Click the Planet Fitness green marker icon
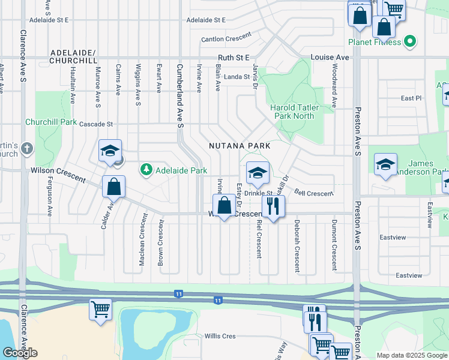(410, 42)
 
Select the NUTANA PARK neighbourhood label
(236, 146)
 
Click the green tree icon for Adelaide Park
(146, 170)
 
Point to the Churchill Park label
(51, 122)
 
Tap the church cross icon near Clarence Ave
(26, 148)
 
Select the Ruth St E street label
(233, 58)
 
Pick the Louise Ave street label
(330, 57)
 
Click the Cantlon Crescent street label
(226, 39)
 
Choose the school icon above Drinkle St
(258, 173)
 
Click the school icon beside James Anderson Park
(385, 165)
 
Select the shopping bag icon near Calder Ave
(113, 187)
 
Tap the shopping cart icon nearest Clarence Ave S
(100, 309)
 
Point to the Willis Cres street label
(220, 336)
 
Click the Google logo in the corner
(20, 353)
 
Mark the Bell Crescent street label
(313, 193)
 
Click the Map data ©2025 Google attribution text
(411, 355)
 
